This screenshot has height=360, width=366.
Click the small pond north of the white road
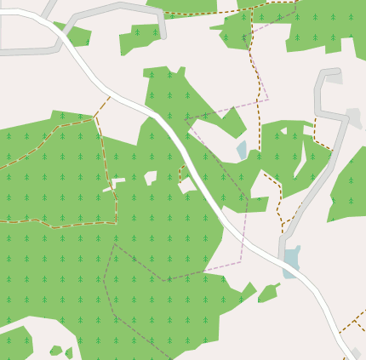point(242,150)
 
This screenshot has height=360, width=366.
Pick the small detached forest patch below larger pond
point(268,293)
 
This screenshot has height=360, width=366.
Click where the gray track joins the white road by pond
point(283,255)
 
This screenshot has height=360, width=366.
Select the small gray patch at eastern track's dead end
point(334,78)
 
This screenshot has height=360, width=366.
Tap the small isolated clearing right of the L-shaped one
point(151,177)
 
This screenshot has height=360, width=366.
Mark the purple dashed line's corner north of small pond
point(267,99)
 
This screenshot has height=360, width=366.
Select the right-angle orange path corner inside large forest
point(115,223)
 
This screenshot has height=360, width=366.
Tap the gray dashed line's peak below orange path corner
point(113,245)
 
